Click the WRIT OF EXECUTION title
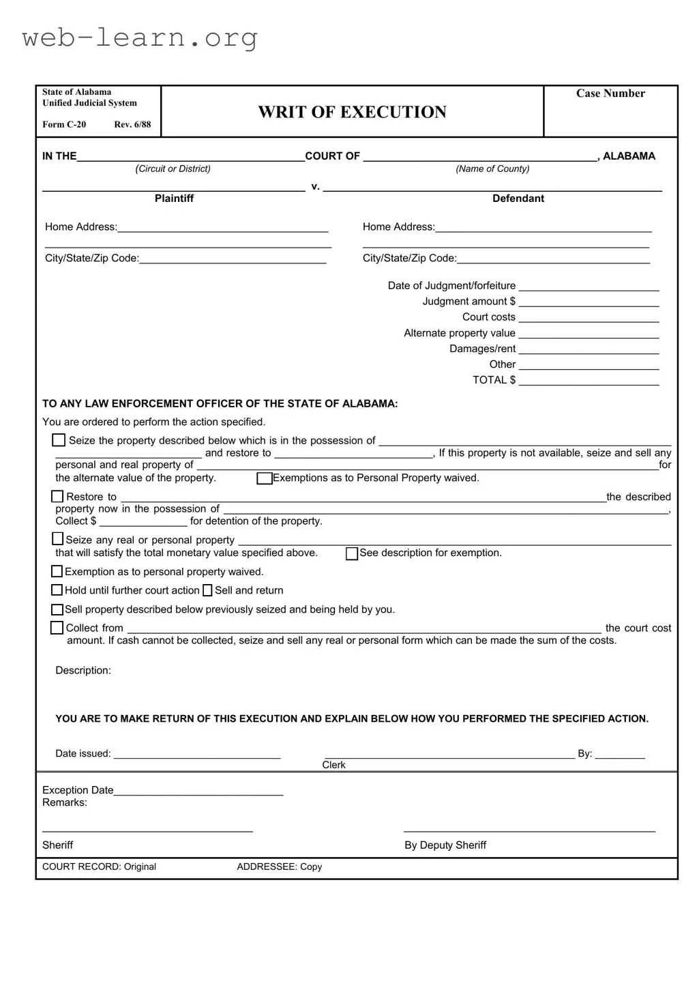(352, 113)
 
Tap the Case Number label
(610, 93)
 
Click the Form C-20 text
(64, 124)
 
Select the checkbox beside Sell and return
(207, 591)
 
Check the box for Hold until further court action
(57, 590)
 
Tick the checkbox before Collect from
(57, 628)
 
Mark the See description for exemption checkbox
(352, 553)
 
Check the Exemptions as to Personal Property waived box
(264, 478)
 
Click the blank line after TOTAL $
(589, 380)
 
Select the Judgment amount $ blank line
(589, 302)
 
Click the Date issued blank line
(197, 753)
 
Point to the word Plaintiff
(174, 199)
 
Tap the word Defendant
(518, 199)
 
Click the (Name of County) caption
(492, 169)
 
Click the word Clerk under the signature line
(333, 765)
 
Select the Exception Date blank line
(198, 790)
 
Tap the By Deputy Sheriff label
(445, 845)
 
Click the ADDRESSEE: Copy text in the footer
(279, 867)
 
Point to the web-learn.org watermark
(140, 38)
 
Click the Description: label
(83, 671)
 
